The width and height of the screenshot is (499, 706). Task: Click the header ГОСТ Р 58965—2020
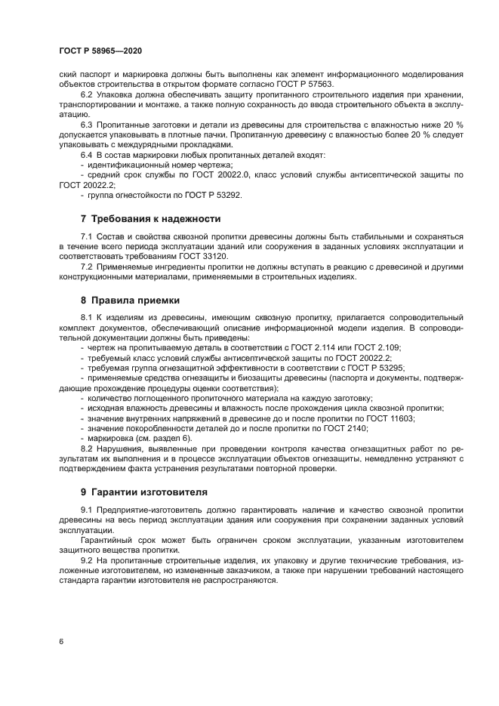[x=100, y=50]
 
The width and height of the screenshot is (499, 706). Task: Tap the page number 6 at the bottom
[x=61, y=641]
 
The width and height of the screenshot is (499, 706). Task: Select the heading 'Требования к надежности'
[x=156, y=219]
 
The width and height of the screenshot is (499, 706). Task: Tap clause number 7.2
[x=86, y=267]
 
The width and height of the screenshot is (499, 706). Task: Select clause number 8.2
[x=86, y=449]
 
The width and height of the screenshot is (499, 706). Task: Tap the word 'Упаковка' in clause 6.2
[x=113, y=95]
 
